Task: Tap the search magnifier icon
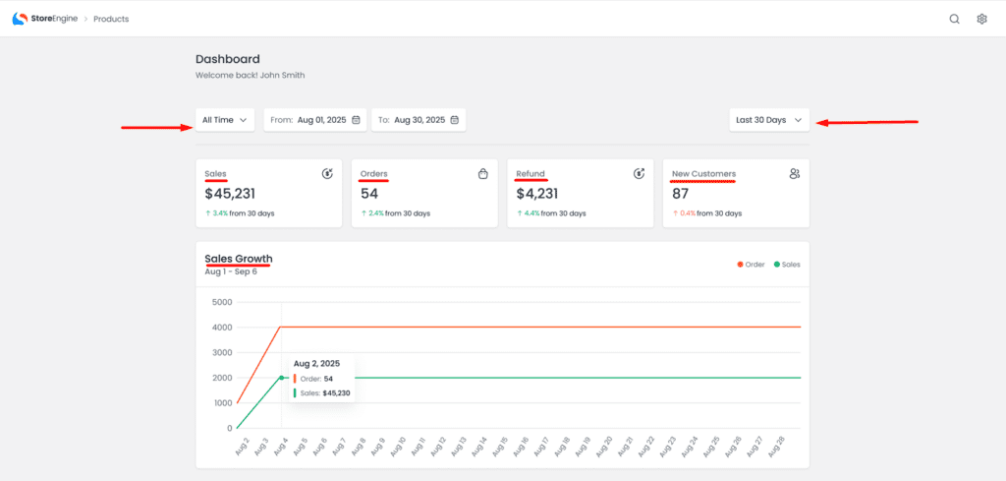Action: pyautogui.click(x=954, y=19)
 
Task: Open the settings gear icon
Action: pyautogui.click(x=981, y=19)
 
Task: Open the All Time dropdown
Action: pyautogui.click(x=225, y=120)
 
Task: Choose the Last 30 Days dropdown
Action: pyautogui.click(x=769, y=120)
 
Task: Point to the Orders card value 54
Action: pyautogui.click(x=369, y=194)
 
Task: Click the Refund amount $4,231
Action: pyautogui.click(x=537, y=194)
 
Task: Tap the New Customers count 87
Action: pyautogui.click(x=682, y=194)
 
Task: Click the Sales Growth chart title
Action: pyautogui.click(x=238, y=259)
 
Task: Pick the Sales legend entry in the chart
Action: pyautogui.click(x=787, y=265)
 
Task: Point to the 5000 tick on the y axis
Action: pyautogui.click(x=221, y=302)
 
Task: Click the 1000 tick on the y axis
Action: pyautogui.click(x=221, y=403)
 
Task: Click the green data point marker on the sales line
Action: pyautogui.click(x=281, y=378)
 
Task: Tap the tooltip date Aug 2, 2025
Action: pyautogui.click(x=316, y=364)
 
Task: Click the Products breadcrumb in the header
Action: pyautogui.click(x=111, y=19)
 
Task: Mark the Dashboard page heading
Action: pyautogui.click(x=228, y=59)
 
